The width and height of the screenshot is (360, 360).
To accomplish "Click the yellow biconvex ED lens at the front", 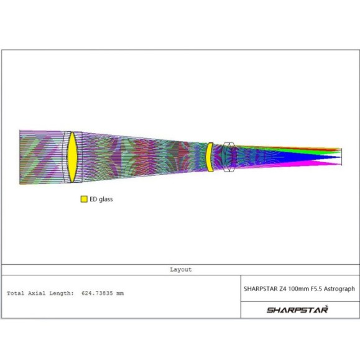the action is [72, 157].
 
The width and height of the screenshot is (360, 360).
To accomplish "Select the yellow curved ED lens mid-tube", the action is [210, 157].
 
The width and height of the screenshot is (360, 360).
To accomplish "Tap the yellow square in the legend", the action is [84, 199].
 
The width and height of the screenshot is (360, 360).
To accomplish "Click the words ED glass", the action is [101, 199].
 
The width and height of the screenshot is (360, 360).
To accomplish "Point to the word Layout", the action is [181, 270].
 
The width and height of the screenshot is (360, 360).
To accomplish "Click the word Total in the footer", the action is [16, 293].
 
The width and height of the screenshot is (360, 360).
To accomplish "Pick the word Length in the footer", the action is [62, 293].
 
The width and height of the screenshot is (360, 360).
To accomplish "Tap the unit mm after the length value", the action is [120, 293].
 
